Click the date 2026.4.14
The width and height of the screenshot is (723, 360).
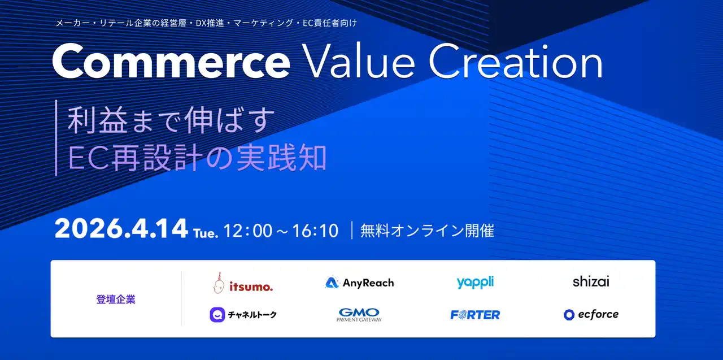pyautogui.click(x=121, y=228)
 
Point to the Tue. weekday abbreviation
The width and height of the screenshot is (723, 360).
pyautogui.click(x=206, y=233)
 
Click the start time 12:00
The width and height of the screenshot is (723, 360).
pyautogui.click(x=248, y=231)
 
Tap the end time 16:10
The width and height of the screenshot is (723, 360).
pyautogui.click(x=315, y=231)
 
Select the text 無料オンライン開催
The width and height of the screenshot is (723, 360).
pyautogui.click(x=427, y=231)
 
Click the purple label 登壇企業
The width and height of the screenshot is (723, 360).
pyautogui.click(x=116, y=300)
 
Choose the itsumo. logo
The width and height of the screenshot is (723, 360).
pyautogui.click(x=243, y=283)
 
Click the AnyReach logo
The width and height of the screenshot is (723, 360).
pyautogui.click(x=359, y=283)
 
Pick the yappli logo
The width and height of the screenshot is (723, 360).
pyautogui.click(x=475, y=283)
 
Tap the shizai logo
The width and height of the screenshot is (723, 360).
pyautogui.click(x=591, y=282)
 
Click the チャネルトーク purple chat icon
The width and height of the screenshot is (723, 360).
pyautogui.click(x=217, y=315)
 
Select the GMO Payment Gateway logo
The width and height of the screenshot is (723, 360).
pyautogui.click(x=359, y=315)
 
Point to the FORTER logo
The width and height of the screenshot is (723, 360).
pyautogui.click(x=475, y=314)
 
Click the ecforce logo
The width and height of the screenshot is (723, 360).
pyautogui.click(x=591, y=314)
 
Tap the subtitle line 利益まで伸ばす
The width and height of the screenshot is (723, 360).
pyautogui.click(x=171, y=120)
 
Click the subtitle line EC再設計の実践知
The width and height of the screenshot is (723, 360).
pyautogui.click(x=198, y=158)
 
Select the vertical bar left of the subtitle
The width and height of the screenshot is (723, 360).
pyautogui.click(x=56, y=138)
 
